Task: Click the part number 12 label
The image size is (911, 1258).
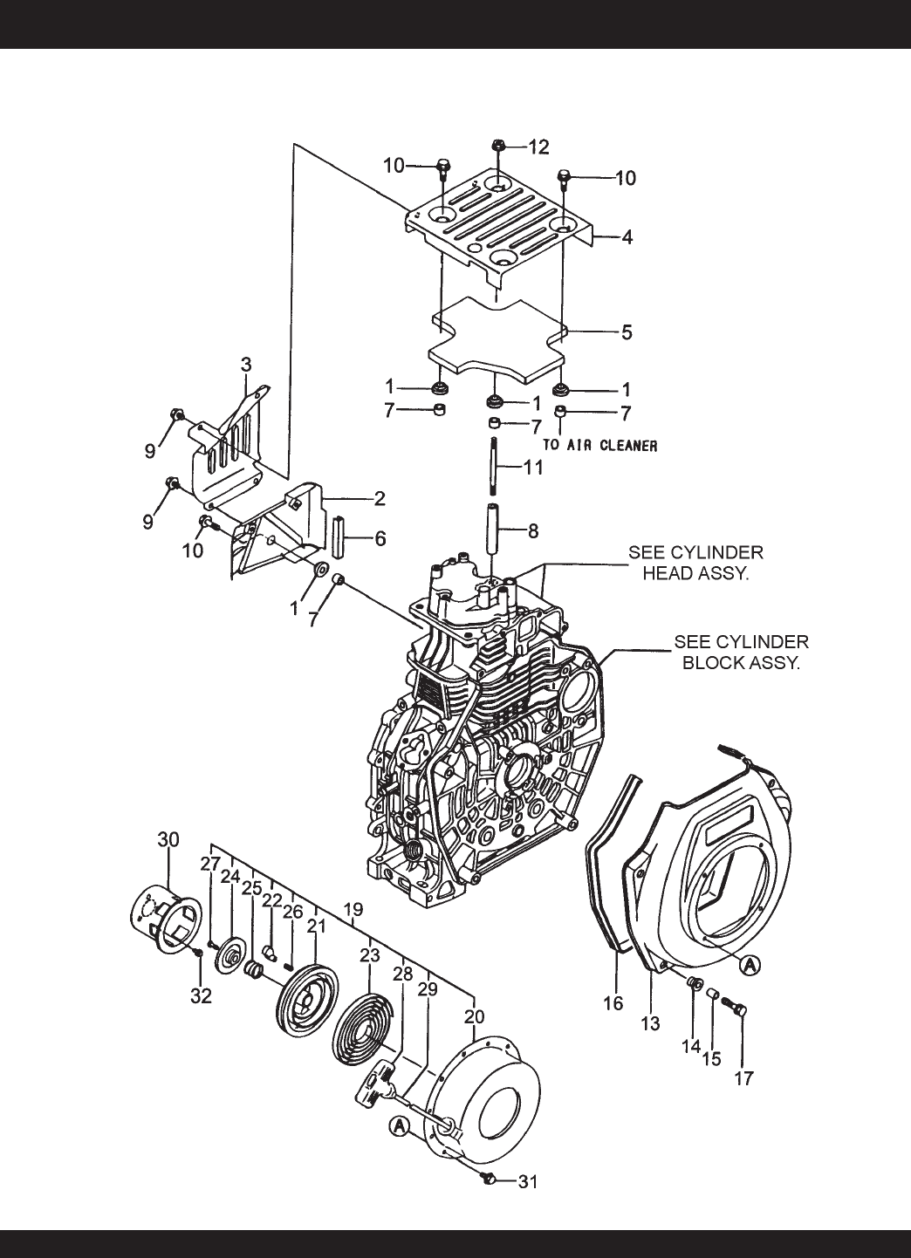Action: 538,147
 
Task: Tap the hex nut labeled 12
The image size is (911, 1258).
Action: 498,146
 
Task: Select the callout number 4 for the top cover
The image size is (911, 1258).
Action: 627,237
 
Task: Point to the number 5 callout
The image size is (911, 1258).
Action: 627,332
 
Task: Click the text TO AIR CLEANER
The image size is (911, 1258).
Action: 599,445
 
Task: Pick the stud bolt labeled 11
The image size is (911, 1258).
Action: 494,466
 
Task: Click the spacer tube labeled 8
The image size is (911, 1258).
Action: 492,530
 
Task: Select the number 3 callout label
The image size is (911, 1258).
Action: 246,365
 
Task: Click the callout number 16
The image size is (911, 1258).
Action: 613,1003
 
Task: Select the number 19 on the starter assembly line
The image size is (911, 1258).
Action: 353,909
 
